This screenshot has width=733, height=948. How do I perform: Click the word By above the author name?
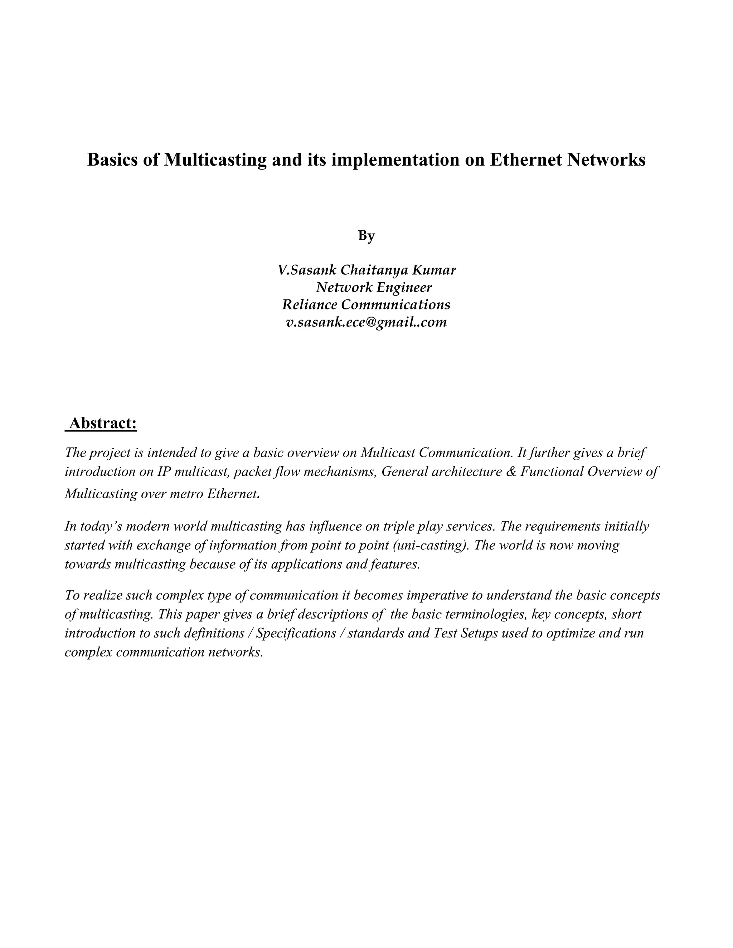[366, 236]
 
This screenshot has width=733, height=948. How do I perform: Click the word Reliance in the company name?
[310, 305]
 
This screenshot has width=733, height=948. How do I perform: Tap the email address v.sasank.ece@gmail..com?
[366, 322]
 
